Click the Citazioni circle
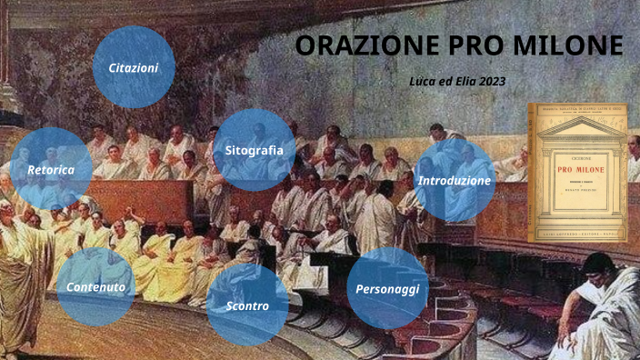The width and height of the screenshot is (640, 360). click(x=134, y=68)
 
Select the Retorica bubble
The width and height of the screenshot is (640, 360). click(x=51, y=169)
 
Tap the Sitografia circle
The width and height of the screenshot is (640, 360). click(x=254, y=150)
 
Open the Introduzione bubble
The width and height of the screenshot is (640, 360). click(x=455, y=181)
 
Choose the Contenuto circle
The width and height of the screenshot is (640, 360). click(x=95, y=287)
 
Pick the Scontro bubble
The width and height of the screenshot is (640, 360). click(x=247, y=305)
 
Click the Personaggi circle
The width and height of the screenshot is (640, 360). click(x=387, y=288)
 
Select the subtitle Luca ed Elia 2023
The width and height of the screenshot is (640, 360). click(x=457, y=81)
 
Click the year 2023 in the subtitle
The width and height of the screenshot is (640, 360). click(x=490, y=81)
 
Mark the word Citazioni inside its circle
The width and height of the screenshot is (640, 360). click(x=134, y=68)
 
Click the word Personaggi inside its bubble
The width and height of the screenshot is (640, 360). click(x=387, y=289)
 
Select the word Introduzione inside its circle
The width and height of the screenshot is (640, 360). click(x=455, y=181)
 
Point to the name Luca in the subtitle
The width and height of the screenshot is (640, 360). click(x=424, y=81)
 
